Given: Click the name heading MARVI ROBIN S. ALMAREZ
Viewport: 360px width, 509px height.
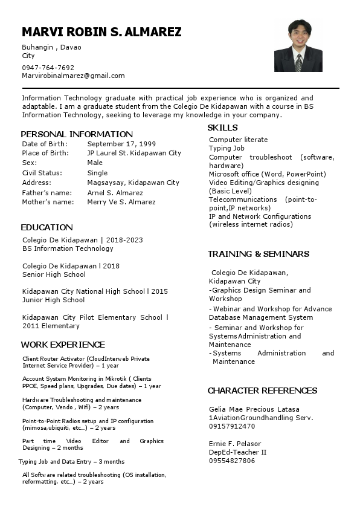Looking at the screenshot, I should [101, 32].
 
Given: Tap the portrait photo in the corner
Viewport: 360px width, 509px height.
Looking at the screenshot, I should [298, 47].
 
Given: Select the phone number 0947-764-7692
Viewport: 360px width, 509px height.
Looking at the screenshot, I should [48, 68].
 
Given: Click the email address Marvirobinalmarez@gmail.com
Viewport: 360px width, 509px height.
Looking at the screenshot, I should [73, 76].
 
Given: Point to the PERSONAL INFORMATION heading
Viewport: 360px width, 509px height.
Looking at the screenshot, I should [77, 134].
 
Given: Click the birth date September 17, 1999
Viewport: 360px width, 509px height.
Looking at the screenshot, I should [121, 144].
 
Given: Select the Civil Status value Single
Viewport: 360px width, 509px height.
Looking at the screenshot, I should [97, 173].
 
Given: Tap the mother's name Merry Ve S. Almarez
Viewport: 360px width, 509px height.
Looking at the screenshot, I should [121, 202].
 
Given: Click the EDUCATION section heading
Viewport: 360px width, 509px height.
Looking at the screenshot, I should [47, 227].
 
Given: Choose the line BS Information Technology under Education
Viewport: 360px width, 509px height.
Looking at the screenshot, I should [68, 248].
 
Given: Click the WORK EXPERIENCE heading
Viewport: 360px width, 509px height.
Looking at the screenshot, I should [63, 345].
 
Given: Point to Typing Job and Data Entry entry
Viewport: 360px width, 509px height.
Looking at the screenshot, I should [71, 461].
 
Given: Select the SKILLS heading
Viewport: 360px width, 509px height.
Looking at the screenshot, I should [222, 128].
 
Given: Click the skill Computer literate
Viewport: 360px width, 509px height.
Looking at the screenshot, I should [238, 140].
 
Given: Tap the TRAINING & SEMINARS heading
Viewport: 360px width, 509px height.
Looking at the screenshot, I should [259, 254].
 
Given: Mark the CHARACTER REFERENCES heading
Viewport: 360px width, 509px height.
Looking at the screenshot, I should [262, 391].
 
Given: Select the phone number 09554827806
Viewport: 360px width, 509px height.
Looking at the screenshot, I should [232, 461].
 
